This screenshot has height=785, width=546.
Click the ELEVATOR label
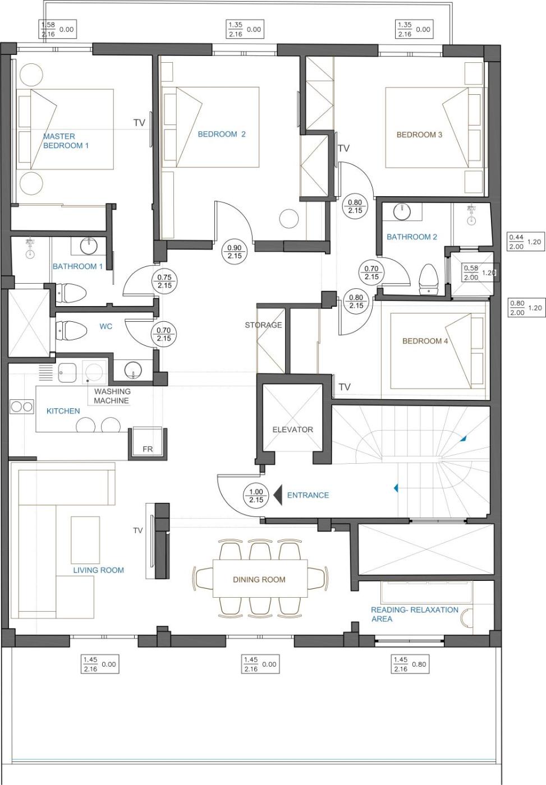point(292,430)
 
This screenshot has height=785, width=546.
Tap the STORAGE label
point(263,325)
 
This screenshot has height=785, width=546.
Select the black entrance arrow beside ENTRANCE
point(278,495)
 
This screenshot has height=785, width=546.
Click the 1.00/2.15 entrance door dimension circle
point(256,496)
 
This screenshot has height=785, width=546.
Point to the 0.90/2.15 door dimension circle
point(234,252)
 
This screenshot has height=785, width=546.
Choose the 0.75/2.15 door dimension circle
point(164,281)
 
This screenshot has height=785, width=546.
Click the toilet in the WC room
point(71,330)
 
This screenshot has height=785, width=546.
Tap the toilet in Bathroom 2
point(429,279)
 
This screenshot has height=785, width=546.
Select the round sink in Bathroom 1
point(89,246)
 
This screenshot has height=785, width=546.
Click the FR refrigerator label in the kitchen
point(148,449)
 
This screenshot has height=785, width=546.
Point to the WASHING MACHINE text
point(112,396)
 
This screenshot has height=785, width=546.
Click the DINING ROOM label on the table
point(259,580)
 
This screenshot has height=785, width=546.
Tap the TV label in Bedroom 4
point(345,387)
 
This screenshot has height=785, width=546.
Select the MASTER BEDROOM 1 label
point(66,141)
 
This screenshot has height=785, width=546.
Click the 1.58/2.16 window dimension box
point(57,29)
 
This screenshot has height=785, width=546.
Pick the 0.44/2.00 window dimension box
point(526,242)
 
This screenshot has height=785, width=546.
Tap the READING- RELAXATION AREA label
point(415,615)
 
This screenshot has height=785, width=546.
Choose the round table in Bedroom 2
point(289,218)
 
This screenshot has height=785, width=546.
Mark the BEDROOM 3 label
point(419,135)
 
